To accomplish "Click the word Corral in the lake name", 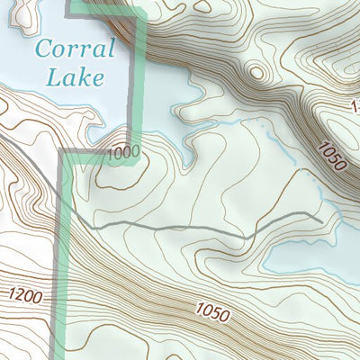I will click(x=76, y=50).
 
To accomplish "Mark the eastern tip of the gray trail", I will click(x=321, y=219).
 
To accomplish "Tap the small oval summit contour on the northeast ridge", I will click(x=257, y=72).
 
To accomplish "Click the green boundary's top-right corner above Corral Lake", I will click(x=141, y=11).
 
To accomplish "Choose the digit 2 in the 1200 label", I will click(x=20, y=294).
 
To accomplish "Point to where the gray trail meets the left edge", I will click(x=2, y=140).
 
